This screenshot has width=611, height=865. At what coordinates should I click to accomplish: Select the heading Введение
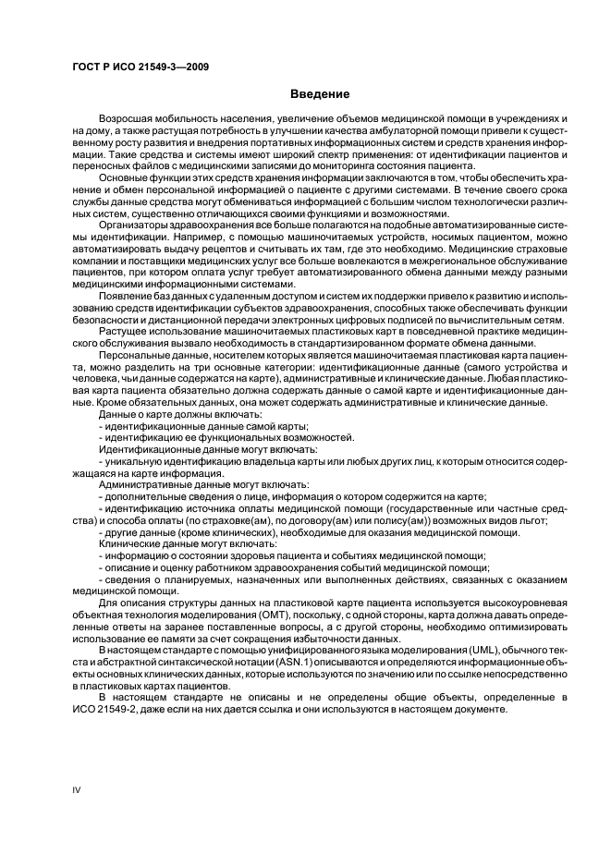(x=319, y=94)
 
